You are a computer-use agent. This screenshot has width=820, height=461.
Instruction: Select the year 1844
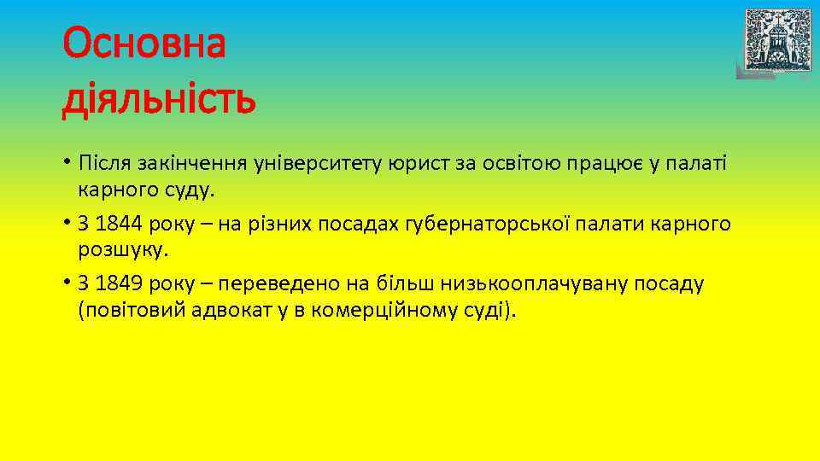(120, 224)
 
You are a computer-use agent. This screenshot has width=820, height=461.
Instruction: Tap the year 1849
(120, 284)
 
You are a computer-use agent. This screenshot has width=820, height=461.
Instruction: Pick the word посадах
(358, 224)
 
